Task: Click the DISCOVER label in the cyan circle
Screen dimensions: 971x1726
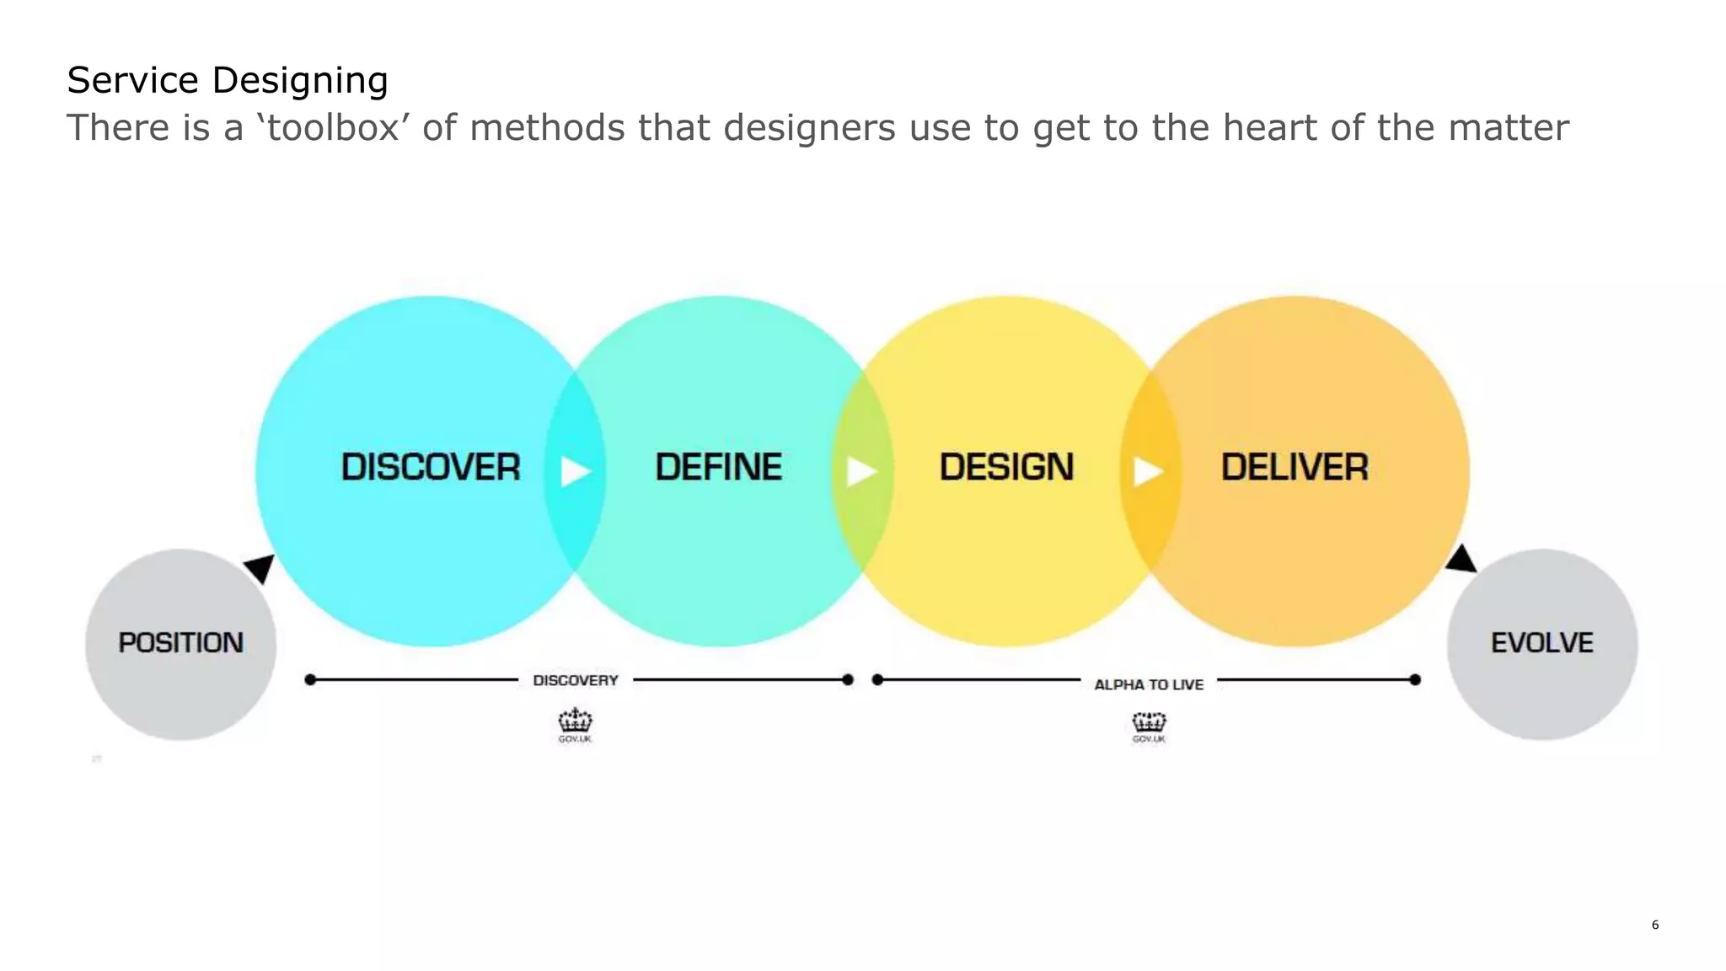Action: pyautogui.click(x=431, y=467)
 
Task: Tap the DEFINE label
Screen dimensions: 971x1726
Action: pyautogui.click(x=719, y=467)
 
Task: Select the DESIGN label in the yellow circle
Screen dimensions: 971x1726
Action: pyautogui.click(x=1006, y=467)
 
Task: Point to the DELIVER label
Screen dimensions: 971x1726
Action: pyautogui.click(x=1294, y=467)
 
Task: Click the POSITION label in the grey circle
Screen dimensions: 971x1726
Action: pyautogui.click(x=180, y=643)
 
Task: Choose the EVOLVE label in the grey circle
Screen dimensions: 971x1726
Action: pyautogui.click(x=1542, y=643)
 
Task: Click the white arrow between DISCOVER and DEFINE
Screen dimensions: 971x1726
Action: pyautogui.click(x=575, y=471)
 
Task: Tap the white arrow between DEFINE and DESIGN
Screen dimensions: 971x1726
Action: pyautogui.click(x=861, y=471)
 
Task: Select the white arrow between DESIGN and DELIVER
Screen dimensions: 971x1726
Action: pyautogui.click(x=1148, y=471)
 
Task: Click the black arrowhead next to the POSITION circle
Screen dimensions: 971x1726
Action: pyautogui.click(x=261, y=567)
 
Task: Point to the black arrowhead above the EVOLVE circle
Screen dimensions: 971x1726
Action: pyautogui.click(x=1461, y=560)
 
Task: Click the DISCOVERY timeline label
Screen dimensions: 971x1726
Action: pyautogui.click(x=576, y=680)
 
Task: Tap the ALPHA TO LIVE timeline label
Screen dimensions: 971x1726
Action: pyautogui.click(x=1149, y=684)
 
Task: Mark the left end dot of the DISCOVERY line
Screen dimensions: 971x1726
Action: pyautogui.click(x=310, y=679)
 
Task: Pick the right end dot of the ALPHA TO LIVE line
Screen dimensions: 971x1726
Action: pyautogui.click(x=1415, y=679)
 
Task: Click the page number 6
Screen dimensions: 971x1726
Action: pyautogui.click(x=1655, y=925)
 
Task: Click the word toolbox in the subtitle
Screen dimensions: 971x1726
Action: pyautogui.click(x=332, y=128)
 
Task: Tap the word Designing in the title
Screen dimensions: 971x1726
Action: pyautogui.click(x=299, y=81)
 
